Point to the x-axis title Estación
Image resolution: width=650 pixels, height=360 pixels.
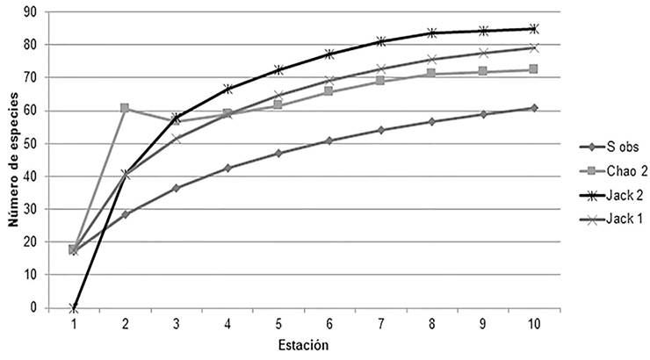[304, 346]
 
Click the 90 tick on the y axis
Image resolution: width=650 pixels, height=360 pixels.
[32, 11]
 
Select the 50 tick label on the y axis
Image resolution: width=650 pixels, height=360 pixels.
[32, 143]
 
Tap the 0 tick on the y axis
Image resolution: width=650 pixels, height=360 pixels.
[36, 308]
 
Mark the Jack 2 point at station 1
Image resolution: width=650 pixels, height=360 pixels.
[74, 308]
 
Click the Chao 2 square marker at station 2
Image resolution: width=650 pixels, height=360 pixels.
[125, 108]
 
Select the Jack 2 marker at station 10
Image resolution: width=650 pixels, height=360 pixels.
[533, 29]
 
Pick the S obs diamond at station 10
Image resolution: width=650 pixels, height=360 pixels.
[533, 108]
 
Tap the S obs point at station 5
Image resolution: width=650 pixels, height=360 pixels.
[278, 153]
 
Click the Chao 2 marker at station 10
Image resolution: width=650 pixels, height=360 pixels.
[533, 69]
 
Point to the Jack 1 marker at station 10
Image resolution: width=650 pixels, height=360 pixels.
[533, 48]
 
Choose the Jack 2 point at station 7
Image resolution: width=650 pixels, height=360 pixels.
[380, 41]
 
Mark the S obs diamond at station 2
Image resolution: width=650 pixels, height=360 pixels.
[125, 214]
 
